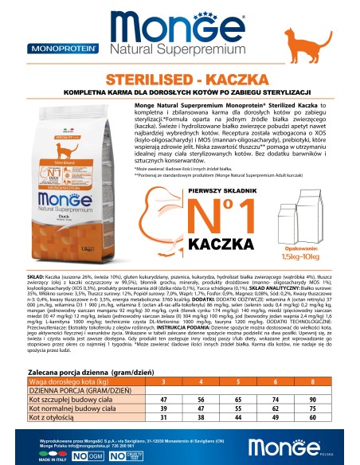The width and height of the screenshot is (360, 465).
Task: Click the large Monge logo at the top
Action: point(180,24)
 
